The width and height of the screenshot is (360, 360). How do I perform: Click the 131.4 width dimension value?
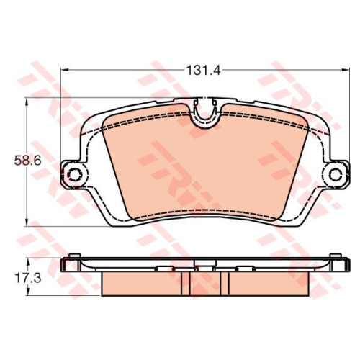pos(203,71)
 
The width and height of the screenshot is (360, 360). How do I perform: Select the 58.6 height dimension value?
pos(28,161)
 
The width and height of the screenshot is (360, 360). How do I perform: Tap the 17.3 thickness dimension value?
pos(28,278)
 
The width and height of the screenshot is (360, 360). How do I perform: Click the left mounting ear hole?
pos(74,174)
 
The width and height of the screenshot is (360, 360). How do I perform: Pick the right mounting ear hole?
pos(336,174)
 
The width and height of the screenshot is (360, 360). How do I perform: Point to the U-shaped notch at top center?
pos(205,113)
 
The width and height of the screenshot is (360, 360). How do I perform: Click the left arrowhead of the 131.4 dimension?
pos(65,70)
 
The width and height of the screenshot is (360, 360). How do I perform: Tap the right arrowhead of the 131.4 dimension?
pos(345,70)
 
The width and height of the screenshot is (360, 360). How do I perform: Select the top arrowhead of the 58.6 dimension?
pos(27,102)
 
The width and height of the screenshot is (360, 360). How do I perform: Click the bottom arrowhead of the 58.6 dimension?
pos(27,222)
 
